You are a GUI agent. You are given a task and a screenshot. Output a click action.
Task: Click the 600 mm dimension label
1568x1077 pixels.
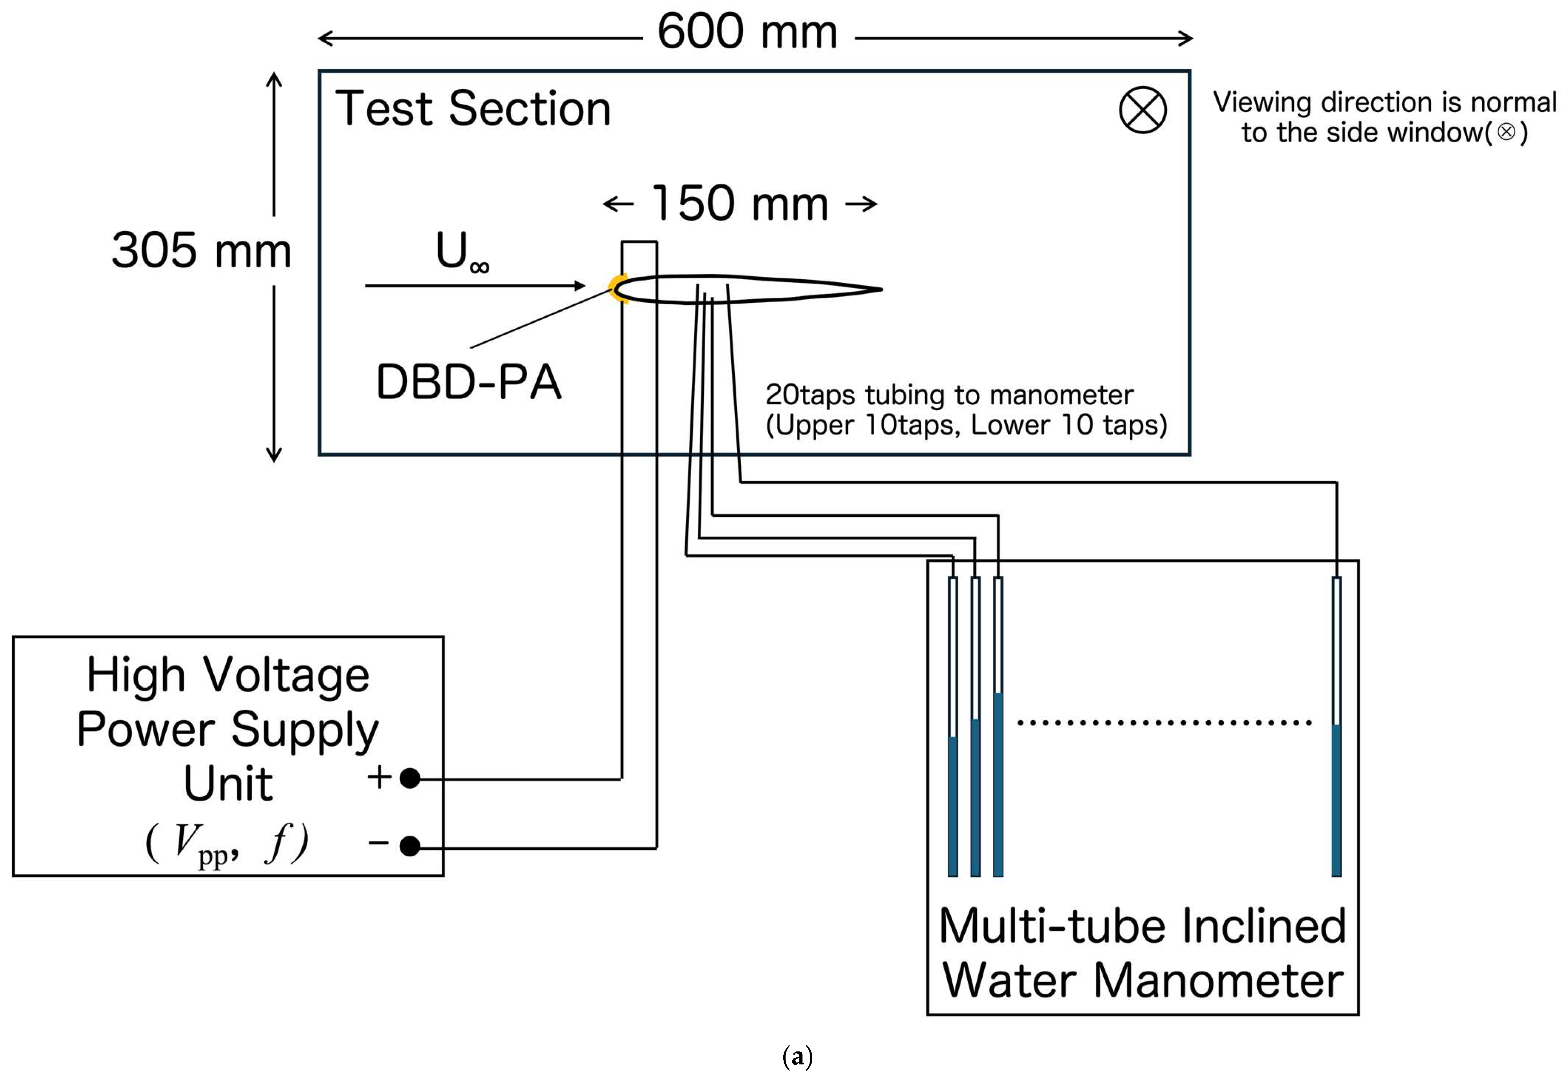pos(747,32)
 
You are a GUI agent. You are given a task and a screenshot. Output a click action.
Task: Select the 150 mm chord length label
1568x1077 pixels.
pos(740,203)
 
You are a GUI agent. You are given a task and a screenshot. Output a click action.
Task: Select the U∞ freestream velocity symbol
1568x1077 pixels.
pos(462,252)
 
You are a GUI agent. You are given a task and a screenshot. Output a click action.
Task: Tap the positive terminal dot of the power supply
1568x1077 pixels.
pos(410,778)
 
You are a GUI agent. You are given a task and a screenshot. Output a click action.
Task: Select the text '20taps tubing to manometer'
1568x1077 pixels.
pos(949,395)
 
